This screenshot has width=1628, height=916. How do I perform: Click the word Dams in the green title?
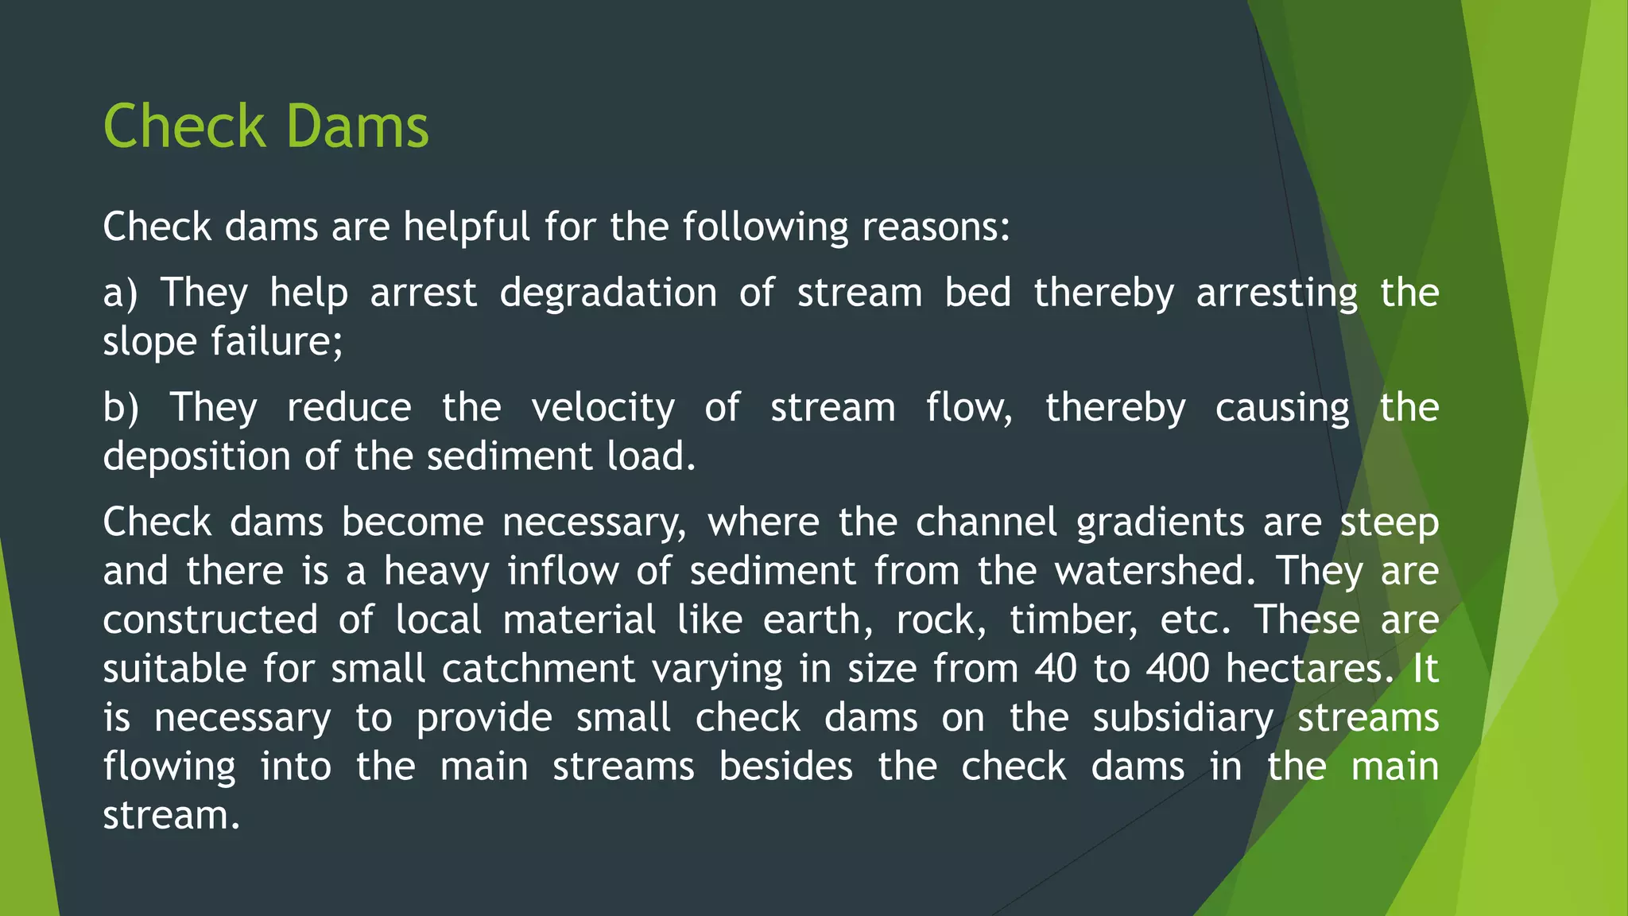point(357,127)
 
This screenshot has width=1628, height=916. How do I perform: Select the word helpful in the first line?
point(466,227)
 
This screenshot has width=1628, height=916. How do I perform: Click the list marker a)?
point(120,293)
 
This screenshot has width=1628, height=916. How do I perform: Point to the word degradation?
point(608,293)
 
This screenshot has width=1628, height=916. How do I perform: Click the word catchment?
point(538,670)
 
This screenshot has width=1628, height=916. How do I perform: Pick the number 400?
point(1178,670)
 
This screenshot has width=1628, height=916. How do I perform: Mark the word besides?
point(786,767)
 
